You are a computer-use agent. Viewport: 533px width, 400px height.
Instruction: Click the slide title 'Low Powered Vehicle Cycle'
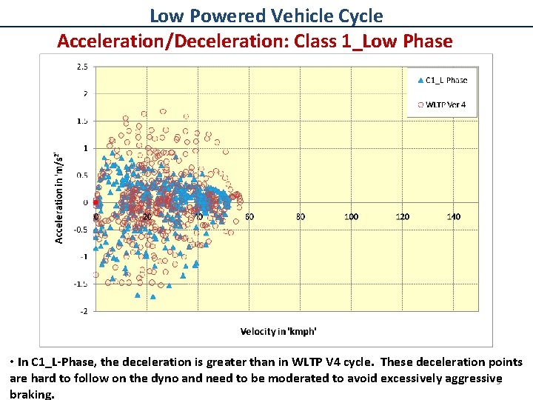266,16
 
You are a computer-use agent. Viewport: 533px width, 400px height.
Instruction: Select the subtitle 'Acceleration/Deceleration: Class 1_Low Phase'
255,41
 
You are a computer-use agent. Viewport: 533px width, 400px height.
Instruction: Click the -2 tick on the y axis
84,311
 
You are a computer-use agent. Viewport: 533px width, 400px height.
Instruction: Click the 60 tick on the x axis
249,216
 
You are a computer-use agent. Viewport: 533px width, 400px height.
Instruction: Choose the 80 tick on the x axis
300,216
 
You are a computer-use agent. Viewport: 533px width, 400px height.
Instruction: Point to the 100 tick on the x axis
351,216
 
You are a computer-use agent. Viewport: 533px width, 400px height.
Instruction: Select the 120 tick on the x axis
402,216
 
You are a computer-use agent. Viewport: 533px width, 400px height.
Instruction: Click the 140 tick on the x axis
454,216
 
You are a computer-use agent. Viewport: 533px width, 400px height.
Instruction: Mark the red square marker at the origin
95,202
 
